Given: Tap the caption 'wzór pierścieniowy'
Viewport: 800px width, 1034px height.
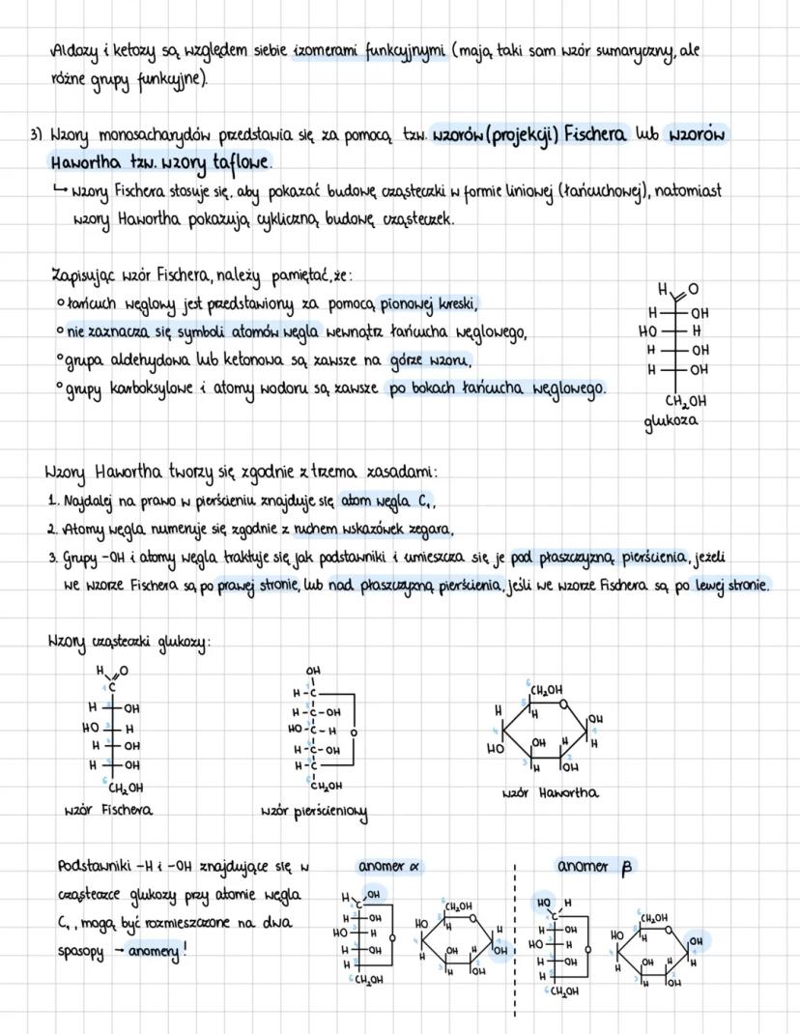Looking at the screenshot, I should [313, 811].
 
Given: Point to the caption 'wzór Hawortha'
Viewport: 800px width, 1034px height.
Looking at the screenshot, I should [551, 792].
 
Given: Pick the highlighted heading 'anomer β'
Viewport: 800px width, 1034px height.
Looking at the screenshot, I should [593, 866].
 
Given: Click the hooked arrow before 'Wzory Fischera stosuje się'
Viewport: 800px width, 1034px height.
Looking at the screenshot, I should [63, 191].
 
